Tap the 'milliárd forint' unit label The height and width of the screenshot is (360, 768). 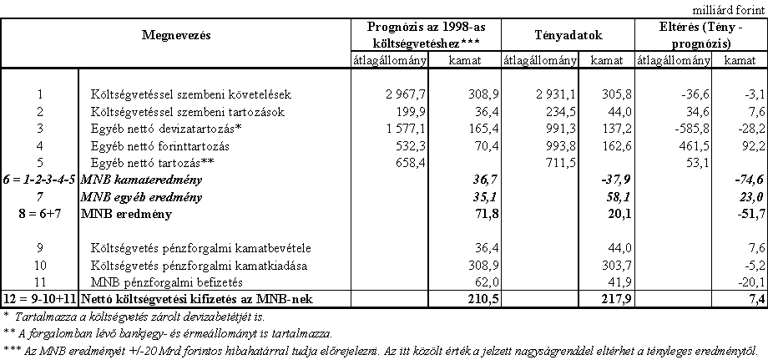coord(727,8)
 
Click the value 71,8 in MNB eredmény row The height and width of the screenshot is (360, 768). coord(475,215)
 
